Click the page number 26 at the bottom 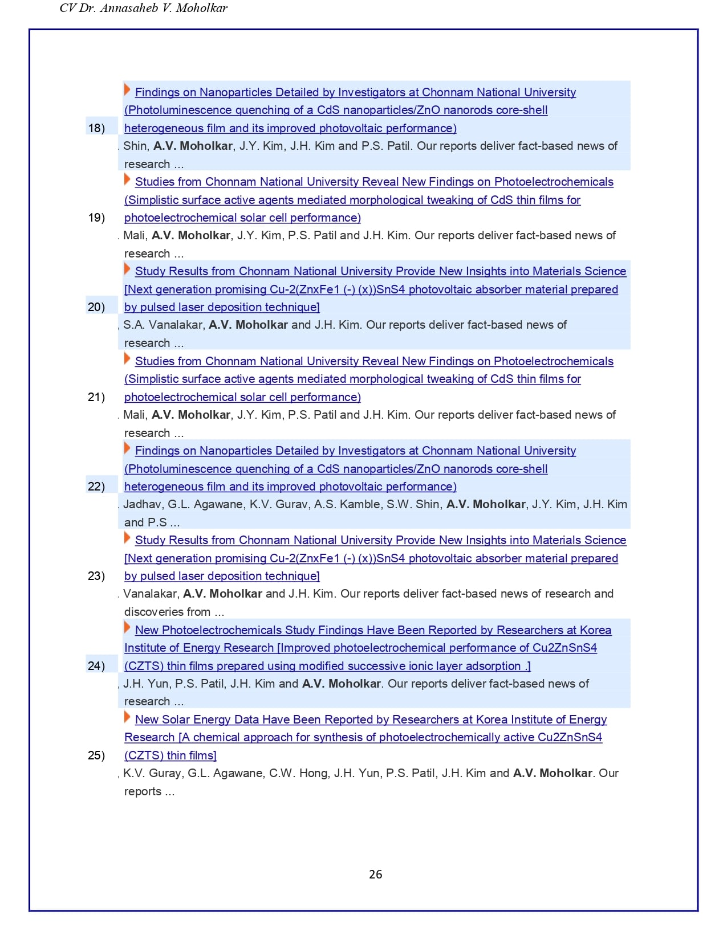[375, 874]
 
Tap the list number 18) [96, 128]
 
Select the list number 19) [96, 217]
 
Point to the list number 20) [96, 307]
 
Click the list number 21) [96, 397]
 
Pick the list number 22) [96, 487]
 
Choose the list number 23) [96, 576]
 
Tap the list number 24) [96, 665]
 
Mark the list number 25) [96, 755]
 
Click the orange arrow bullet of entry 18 [127, 90]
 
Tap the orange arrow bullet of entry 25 [127, 717]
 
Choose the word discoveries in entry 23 [167, 612]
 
